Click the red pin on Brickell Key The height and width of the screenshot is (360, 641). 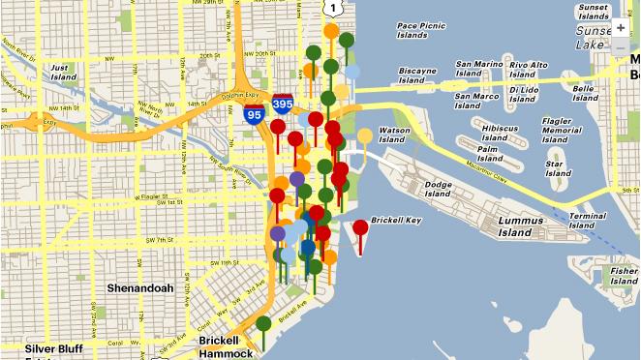(x=360, y=229)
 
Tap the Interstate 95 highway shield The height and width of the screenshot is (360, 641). (x=254, y=114)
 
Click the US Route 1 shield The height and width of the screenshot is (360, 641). (x=332, y=8)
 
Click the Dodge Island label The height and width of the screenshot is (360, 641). (x=438, y=189)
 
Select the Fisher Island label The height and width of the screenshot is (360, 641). (x=625, y=278)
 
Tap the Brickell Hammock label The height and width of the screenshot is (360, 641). (x=226, y=346)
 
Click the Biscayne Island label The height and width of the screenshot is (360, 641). (x=418, y=76)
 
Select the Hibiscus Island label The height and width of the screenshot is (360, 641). (x=499, y=133)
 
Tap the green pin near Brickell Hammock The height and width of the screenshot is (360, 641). (x=263, y=324)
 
